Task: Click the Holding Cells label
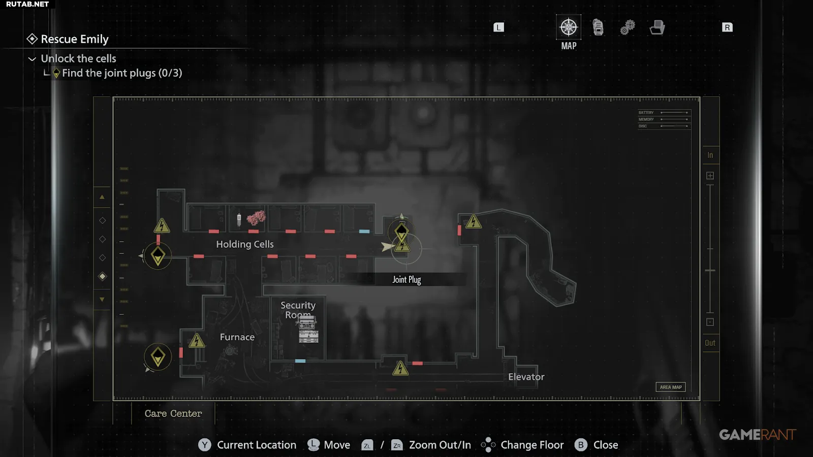coord(244,244)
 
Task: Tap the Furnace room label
coord(237,337)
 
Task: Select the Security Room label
coord(298,310)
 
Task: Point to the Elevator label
coord(526,377)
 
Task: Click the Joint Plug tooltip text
coord(407,280)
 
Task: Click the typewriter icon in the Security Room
coord(308,330)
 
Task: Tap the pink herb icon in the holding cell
coord(256,218)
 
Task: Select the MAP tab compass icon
coord(569,27)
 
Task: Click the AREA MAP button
coord(670,387)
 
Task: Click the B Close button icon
coord(581,445)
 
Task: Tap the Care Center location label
coord(173,413)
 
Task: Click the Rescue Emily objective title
coord(75,39)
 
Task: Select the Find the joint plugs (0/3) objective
coord(121,73)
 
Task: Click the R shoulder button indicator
coord(727,27)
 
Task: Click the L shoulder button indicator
coord(498,27)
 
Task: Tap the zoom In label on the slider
coord(710,155)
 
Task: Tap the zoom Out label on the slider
coord(710,343)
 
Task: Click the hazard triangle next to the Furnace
coord(197,341)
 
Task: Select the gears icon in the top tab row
coord(628,27)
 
